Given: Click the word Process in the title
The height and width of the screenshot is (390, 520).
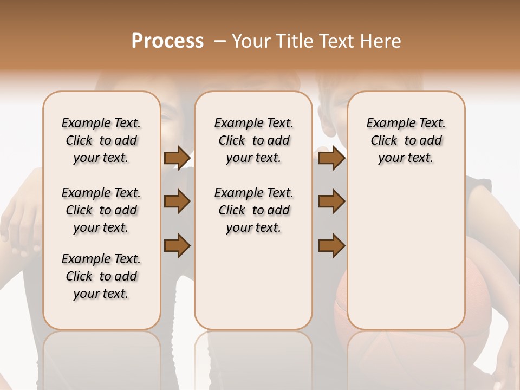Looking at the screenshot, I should click(167, 41).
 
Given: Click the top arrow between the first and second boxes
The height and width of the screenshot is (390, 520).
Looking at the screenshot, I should click(177, 158).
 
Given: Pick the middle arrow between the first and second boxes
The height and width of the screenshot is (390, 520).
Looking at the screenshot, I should click(177, 202).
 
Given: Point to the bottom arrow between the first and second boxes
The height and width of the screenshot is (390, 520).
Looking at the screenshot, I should click(177, 245).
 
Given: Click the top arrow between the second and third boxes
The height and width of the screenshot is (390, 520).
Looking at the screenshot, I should click(331, 158).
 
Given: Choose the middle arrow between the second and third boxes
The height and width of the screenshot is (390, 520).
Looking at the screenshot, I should click(331, 202).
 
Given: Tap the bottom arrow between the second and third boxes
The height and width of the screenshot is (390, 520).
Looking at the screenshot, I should click(331, 245).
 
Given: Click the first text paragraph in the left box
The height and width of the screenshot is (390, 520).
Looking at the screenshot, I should click(101, 140).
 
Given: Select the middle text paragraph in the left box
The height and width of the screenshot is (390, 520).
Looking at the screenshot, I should click(101, 210).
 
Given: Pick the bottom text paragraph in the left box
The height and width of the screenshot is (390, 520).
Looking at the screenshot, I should click(101, 276).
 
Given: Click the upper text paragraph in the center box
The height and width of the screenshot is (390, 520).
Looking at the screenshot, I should click(253, 140).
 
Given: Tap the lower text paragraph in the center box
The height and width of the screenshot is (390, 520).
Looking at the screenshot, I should click(253, 210).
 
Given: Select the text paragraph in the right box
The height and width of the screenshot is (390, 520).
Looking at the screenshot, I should click(406, 140).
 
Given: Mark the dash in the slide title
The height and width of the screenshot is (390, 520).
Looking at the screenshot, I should click(219, 41).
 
